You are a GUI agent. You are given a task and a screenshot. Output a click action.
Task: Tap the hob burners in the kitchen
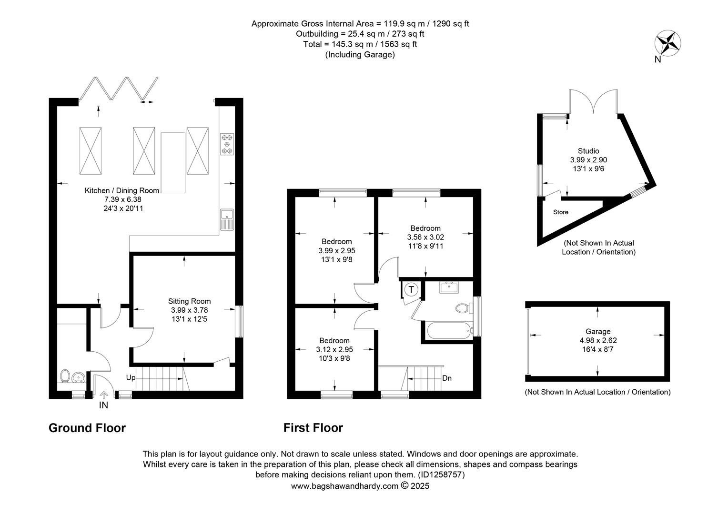tap(227, 144)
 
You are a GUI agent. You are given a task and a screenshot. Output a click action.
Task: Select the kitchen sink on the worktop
tap(227, 219)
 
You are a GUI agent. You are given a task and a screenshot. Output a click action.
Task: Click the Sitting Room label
tap(189, 301)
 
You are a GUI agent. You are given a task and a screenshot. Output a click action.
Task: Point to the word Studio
tap(588, 151)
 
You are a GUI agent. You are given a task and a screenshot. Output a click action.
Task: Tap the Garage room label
tap(598, 332)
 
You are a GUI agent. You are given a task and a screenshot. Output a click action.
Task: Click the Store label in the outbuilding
tap(561, 212)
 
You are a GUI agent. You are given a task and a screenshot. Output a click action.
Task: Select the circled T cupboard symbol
tap(412, 289)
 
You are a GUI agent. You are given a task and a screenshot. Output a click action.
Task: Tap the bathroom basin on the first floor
tap(449, 287)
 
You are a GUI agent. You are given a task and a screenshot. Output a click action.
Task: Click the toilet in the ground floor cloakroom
tap(65, 376)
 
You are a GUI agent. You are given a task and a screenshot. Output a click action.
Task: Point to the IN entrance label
tap(103, 405)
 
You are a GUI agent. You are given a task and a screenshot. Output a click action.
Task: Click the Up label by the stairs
tap(131, 377)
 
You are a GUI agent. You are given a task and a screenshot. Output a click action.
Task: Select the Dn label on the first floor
tap(447, 378)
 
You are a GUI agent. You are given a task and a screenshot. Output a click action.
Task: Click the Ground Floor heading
tap(87, 428)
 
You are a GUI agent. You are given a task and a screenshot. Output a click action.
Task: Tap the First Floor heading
tap(313, 428)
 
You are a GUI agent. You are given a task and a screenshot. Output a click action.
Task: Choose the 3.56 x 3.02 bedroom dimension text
tap(425, 237)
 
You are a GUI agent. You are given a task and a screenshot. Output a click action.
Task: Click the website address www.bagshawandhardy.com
tap(344, 486)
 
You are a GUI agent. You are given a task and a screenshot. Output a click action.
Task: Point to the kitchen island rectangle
tap(173, 163)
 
